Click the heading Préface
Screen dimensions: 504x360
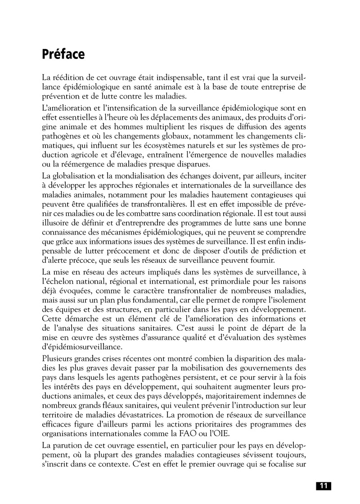63,54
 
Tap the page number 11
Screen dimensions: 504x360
323,486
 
